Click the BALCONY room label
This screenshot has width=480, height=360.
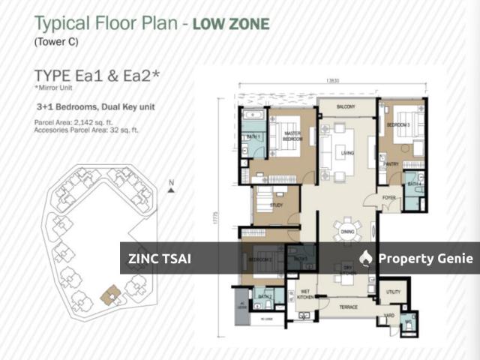pyautogui.click(x=346, y=106)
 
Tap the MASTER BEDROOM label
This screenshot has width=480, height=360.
pyautogui.click(x=292, y=136)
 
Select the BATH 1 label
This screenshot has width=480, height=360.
pyautogui.click(x=253, y=137)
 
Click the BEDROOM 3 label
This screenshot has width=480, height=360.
pyautogui.click(x=397, y=124)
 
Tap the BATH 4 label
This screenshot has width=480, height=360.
pyautogui.click(x=413, y=184)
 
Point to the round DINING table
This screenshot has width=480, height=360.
pyautogui.click(x=346, y=228)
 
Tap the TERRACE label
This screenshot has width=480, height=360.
pyautogui.click(x=346, y=307)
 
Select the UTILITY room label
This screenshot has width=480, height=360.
pyautogui.click(x=393, y=291)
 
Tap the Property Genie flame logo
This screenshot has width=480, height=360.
pyautogui.click(x=366, y=259)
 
